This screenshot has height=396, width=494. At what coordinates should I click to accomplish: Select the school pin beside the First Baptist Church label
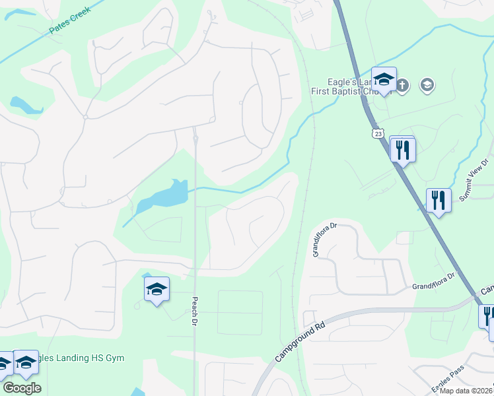[384, 81]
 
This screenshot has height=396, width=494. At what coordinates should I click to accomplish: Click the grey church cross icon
[404, 84]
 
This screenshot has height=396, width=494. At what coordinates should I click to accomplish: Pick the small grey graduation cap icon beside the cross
[427, 84]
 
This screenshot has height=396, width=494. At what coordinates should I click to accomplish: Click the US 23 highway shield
[378, 134]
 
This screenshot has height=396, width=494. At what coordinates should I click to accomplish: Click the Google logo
[22, 388]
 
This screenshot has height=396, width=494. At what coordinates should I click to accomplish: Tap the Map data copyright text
[466, 391]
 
